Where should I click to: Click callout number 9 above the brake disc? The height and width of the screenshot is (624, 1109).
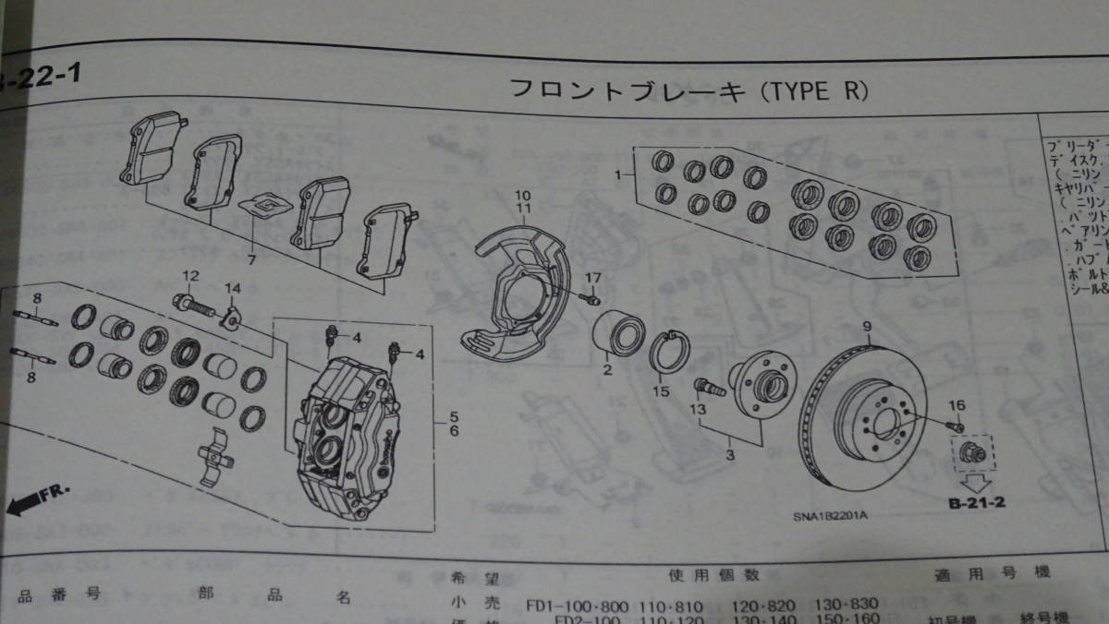[x=868, y=326]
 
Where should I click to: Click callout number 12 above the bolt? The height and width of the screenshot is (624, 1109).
[x=190, y=275]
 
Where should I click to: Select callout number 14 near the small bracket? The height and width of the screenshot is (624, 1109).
[x=231, y=287]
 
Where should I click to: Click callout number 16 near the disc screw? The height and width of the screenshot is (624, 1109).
[x=956, y=404]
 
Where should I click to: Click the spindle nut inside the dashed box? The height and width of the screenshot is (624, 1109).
[x=969, y=453]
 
